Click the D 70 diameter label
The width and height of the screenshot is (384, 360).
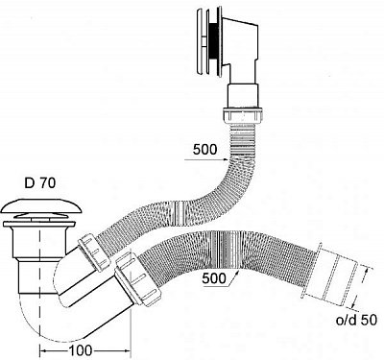click(40, 182)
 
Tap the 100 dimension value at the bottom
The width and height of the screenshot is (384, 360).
click(81, 350)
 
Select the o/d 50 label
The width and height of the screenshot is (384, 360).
click(356, 320)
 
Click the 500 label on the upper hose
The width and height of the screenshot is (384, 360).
click(204, 150)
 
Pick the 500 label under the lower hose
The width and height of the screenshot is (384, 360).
click(214, 278)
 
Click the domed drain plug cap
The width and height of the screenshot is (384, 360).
click(41, 206)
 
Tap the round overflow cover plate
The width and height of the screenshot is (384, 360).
click(202, 43)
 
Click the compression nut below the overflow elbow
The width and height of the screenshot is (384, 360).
click(242, 115)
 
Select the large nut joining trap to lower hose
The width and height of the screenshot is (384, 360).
click(136, 279)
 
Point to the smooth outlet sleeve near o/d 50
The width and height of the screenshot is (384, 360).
click(336, 279)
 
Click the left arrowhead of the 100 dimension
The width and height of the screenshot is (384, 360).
click(43, 351)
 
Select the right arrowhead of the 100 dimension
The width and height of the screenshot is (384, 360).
click(128, 351)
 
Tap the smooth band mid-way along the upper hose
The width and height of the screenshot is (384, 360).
click(180, 210)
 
